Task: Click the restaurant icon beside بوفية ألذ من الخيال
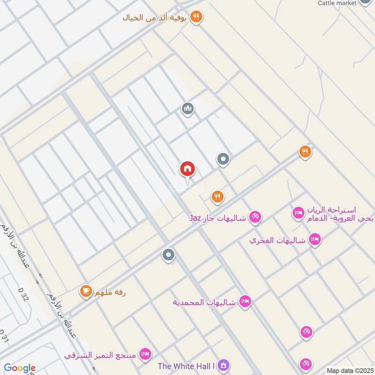[197, 17]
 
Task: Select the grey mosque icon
[188, 109]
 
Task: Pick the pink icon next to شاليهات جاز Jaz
[255, 217]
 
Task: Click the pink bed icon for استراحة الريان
[298, 213]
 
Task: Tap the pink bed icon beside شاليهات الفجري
[315, 239]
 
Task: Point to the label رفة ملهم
[110, 293]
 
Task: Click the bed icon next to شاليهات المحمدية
[245, 301]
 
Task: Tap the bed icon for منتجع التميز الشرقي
[145, 353]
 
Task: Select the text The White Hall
[186, 366]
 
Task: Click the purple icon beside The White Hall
[224, 365]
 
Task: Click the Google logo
[19, 368]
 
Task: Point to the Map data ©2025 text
[349, 371]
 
